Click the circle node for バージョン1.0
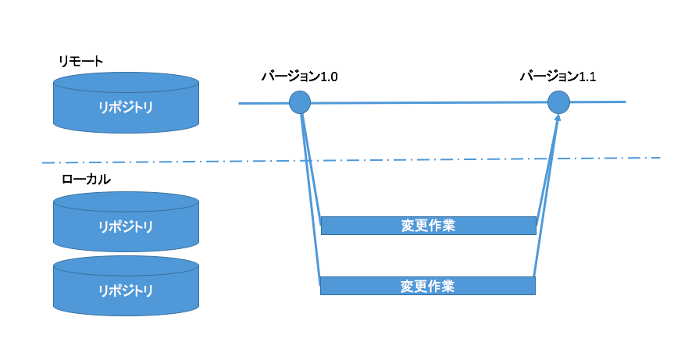tap(300, 102)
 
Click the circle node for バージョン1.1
tap(558, 102)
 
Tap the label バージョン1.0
tap(299, 77)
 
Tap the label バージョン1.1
tap(558, 77)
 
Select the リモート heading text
tap(81, 61)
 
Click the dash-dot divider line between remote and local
tap(195, 162)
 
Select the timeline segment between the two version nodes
tap(430, 102)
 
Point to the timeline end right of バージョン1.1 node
tap(601, 102)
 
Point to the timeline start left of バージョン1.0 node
tap(262, 103)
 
